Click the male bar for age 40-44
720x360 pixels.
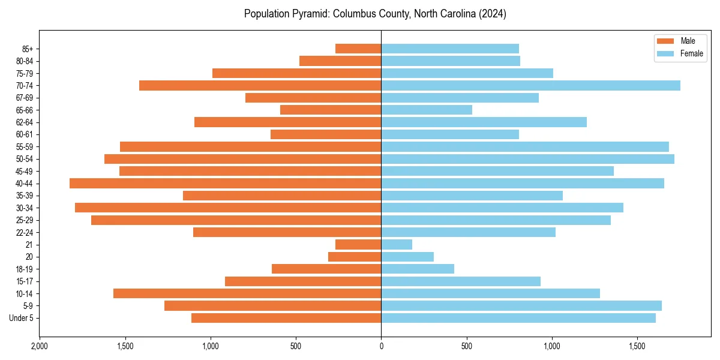pyautogui.click(x=225, y=184)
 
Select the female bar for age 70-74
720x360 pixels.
pyautogui.click(x=530, y=86)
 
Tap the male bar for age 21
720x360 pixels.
pyautogui.click(x=358, y=245)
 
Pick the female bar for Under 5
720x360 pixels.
pyautogui.click(x=518, y=318)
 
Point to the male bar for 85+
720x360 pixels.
pyautogui.click(x=358, y=49)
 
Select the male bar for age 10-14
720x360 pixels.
pyautogui.click(x=247, y=293)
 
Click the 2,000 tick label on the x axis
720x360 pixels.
pyautogui.click(x=40, y=346)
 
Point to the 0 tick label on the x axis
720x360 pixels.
pyautogui.click(x=381, y=346)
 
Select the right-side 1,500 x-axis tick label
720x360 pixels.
pyautogui.click(x=637, y=346)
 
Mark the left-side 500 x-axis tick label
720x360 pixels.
pyautogui.click(x=296, y=346)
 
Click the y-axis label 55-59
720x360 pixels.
pyautogui.click(x=25, y=147)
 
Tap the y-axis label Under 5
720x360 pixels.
pyautogui.click(x=22, y=318)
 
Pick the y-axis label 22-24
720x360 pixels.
pyautogui.click(x=25, y=233)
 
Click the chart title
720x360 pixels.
pyautogui.click(x=375, y=14)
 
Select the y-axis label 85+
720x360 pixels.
pyautogui.click(x=27, y=49)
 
